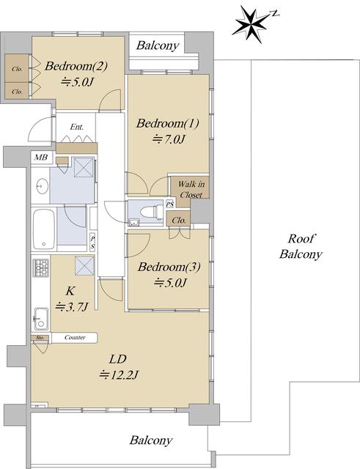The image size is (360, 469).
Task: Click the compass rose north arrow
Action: (x=254, y=23)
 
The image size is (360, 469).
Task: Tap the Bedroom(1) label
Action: (x=168, y=123)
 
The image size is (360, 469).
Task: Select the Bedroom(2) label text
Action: (x=76, y=66)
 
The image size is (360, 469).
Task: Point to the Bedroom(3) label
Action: (x=169, y=267)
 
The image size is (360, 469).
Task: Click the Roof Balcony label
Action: (x=301, y=246)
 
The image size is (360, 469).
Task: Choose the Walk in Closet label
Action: (x=191, y=189)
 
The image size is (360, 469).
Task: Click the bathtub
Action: (x=44, y=229)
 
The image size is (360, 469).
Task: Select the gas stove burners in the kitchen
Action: (x=40, y=267)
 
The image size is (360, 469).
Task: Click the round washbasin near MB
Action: (x=42, y=186)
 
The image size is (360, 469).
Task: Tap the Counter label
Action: (x=75, y=337)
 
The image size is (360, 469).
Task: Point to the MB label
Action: (x=41, y=158)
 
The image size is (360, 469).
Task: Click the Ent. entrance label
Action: (x=76, y=127)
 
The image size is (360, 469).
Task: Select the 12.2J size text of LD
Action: (x=119, y=374)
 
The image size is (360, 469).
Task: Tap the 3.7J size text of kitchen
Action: (x=72, y=306)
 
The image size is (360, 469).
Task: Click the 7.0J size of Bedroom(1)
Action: (x=169, y=139)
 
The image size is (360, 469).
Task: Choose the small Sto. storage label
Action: (x=40, y=338)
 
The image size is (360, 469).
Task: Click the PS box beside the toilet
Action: (x=170, y=204)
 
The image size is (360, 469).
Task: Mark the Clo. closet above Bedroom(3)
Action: (x=179, y=221)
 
